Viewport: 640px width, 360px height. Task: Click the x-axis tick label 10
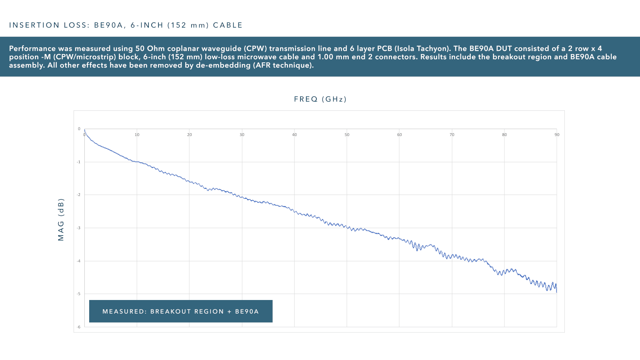tap(137, 135)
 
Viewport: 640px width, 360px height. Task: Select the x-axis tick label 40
tap(294, 135)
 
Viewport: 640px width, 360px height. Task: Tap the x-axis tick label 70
tap(452, 135)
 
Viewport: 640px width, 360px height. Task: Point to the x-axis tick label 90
tap(557, 135)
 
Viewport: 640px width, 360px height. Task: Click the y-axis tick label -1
tap(79, 162)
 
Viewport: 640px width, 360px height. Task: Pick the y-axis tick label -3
tap(79, 228)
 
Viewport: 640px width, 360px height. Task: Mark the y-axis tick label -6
tap(79, 327)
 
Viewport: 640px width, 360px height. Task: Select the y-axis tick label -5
tap(79, 294)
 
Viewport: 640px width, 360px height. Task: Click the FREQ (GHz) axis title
tap(320, 99)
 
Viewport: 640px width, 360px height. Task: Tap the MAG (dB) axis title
tap(61, 220)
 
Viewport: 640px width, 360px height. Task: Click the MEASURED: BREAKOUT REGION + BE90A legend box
tap(181, 311)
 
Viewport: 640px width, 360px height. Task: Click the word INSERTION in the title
tap(34, 25)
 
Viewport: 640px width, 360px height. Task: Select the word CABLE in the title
tap(228, 25)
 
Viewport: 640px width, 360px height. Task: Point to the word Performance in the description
tap(32, 49)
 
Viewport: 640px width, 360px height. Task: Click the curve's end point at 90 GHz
tap(556, 292)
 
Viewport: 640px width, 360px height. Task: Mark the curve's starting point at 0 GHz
tap(84, 130)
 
